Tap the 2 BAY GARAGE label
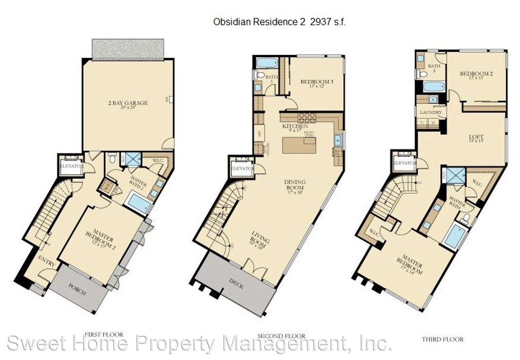pyautogui.click(x=128, y=103)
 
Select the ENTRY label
pyautogui.click(x=47, y=261)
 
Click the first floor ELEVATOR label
pyautogui.click(x=71, y=166)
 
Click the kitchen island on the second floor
pyautogui.click(x=299, y=145)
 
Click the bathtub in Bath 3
pyautogui.click(x=267, y=62)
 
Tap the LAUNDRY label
pyautogui.click(x=431, y=112)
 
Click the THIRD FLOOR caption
pyautogui.click(x=442, y=339)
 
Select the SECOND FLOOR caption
pyautogui.click(x=281, y=336)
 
